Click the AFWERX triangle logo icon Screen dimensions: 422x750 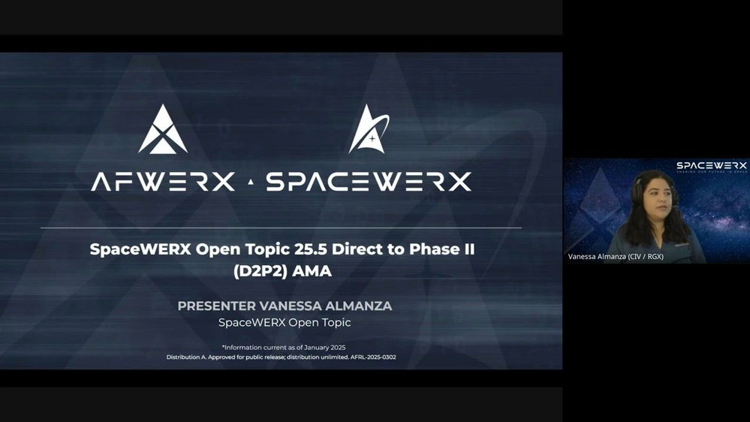click(163, 130)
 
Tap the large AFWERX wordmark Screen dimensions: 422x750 click(163, 182)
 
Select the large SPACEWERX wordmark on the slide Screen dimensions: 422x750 click(369, 182)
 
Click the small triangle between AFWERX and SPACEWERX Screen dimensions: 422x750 click(251, 182)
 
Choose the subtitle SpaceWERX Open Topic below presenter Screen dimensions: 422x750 click(285, 323)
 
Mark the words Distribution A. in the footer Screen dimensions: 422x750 click(188, 357)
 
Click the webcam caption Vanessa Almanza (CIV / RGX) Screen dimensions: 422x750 click(616, 257)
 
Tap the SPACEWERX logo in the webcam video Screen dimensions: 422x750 click(711, 166)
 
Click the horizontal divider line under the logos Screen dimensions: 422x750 click(281, 228)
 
